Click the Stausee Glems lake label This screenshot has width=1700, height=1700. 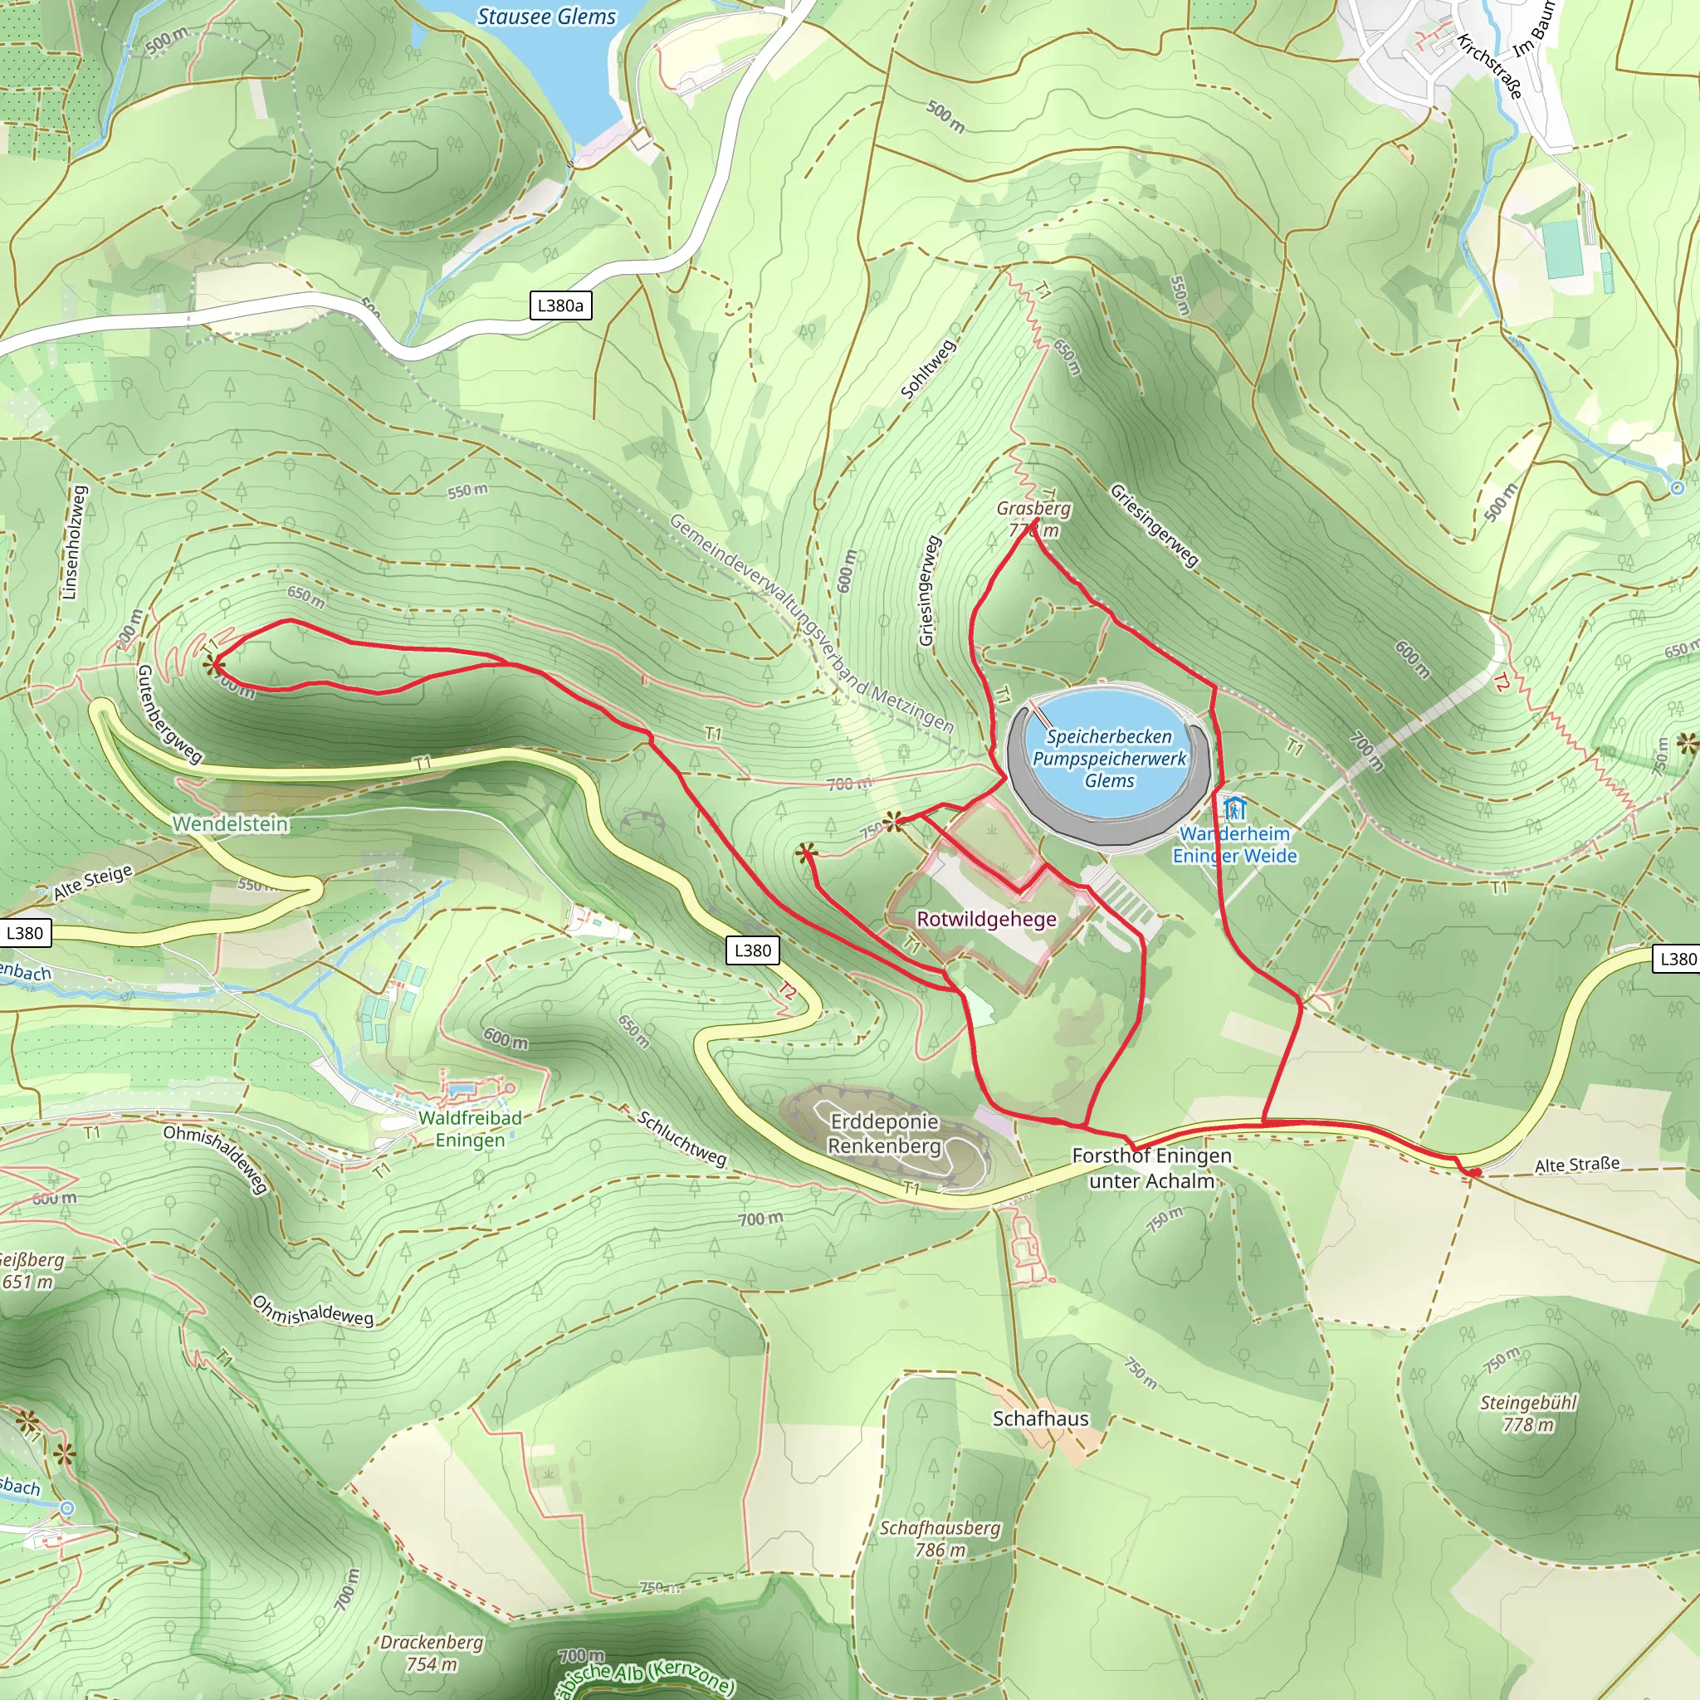(x=546, y=17)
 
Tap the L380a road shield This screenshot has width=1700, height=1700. (x=559, y=305)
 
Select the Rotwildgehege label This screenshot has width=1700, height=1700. (x=986, y=920)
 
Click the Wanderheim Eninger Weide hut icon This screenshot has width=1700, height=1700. (x=1234, y=807)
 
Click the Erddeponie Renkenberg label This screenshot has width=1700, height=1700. (x=884, y=1134)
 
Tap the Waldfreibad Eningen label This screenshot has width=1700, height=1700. (x=470, y=1129)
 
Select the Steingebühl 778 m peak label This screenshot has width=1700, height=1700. (x=1528, y=1413)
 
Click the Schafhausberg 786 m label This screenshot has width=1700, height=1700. (x=940, y=1539)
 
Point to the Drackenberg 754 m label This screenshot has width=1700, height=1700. (x=431, y=1653)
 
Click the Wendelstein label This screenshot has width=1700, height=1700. (x=231, y=823)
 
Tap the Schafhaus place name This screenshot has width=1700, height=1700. (x=1040, y=1419)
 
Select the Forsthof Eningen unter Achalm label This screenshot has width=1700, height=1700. (x=1152, y=1168)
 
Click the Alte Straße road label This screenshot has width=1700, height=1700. (x=1577, y=1165)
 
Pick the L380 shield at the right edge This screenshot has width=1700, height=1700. (x=1677, y=959)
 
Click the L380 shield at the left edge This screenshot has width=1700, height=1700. (x=25, y=933)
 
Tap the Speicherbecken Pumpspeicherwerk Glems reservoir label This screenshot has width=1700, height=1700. (x=1109, y=758)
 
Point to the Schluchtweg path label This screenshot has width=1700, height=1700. (x=682, y=1139)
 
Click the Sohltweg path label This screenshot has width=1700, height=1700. (x=928, y=369)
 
